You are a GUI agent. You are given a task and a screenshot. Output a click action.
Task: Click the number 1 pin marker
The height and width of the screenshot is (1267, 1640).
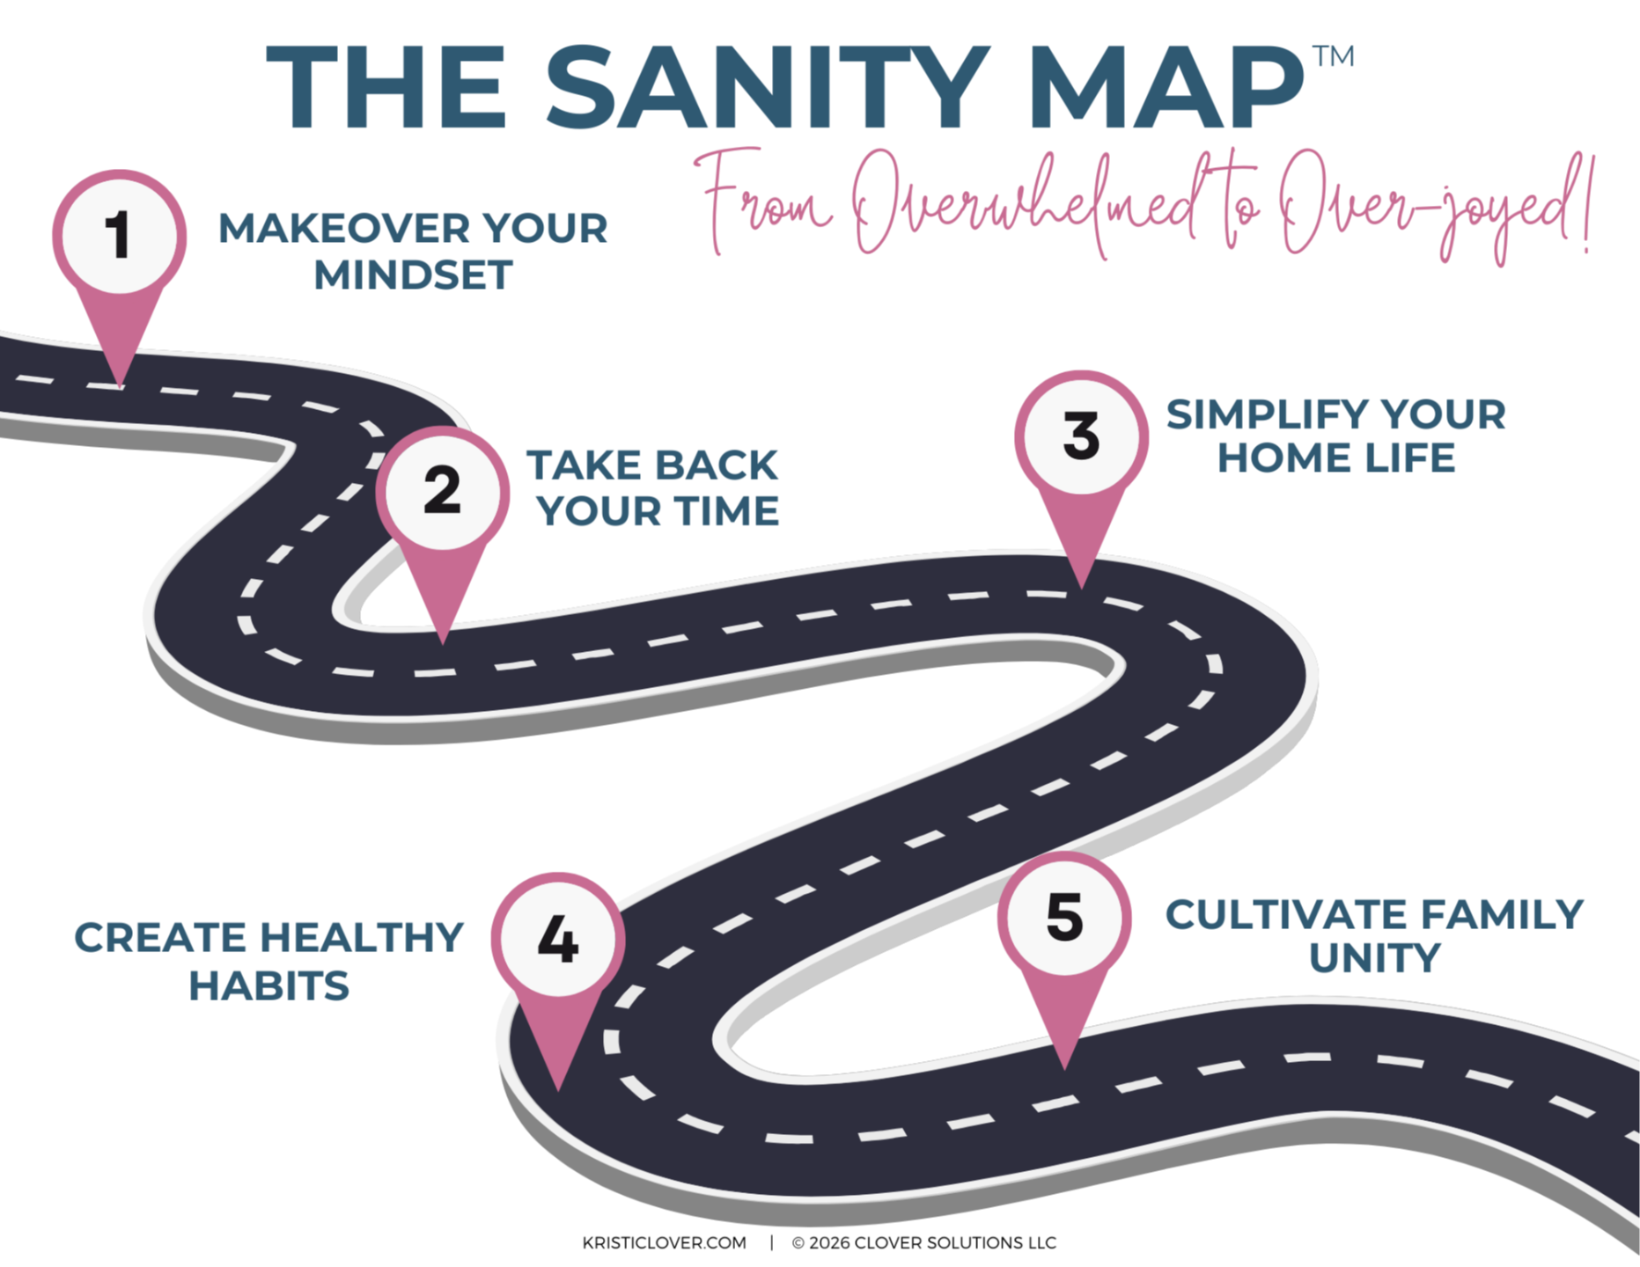(119, 236)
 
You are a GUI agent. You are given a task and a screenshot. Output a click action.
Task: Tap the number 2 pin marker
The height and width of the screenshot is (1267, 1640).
(442, 491)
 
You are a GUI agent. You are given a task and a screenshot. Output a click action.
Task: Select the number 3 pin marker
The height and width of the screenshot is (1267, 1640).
(1081, 436)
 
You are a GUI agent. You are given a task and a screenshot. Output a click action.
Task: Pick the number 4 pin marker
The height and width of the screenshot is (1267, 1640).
(558, 939)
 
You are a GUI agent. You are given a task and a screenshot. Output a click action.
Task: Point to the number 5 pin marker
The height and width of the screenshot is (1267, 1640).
(1064, 918)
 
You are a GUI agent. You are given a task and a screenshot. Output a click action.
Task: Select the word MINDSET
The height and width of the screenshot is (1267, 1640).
(413, 275)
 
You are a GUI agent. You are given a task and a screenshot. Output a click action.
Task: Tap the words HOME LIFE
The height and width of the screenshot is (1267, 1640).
(1335, 458)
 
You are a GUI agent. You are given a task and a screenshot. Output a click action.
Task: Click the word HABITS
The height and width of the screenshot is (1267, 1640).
(269, 985)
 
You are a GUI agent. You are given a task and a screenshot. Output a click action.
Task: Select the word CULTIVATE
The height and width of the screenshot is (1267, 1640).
(1273, 915)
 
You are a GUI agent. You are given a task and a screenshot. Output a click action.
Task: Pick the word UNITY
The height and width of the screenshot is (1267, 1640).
(1374, 958)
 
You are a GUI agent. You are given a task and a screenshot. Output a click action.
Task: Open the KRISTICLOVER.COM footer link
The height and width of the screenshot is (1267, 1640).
(664, 1242)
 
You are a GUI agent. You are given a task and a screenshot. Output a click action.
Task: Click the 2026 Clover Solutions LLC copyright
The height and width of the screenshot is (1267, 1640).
(923, 1242)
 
